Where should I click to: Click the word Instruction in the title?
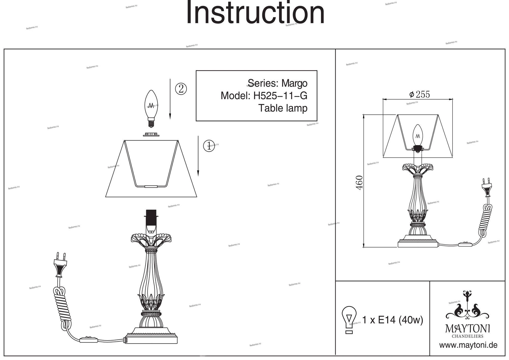(255, 13)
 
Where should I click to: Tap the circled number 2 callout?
(181, 89)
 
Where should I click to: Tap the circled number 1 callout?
(209, 146)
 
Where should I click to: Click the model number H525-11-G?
(280, 96)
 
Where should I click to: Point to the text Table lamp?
(283, 108)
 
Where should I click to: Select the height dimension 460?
(359, 182)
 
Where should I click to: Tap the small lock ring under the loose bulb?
(151, 134)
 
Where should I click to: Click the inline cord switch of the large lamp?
(89, 340)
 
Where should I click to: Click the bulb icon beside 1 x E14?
(349, 320)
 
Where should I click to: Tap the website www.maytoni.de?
(468, 345)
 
